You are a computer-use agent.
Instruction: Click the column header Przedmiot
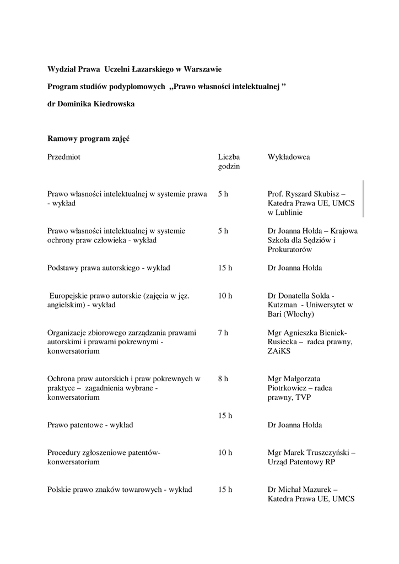click(x=64, y=157)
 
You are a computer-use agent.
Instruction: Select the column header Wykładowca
click(x=288, y=157)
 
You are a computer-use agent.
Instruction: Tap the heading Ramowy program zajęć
click(x=88, y=139)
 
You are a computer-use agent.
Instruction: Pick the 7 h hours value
click(x=223, y=333)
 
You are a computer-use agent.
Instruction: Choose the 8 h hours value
click(x=223, y=378)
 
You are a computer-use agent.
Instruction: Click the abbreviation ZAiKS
click(x=280, y=351)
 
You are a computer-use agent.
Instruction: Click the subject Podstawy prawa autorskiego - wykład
click(x=109, y=268)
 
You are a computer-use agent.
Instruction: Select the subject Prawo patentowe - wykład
click(x=90, y=425)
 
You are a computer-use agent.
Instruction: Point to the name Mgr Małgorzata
click(x=294, y=378)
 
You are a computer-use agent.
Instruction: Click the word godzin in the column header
click(x=229, y=166)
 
